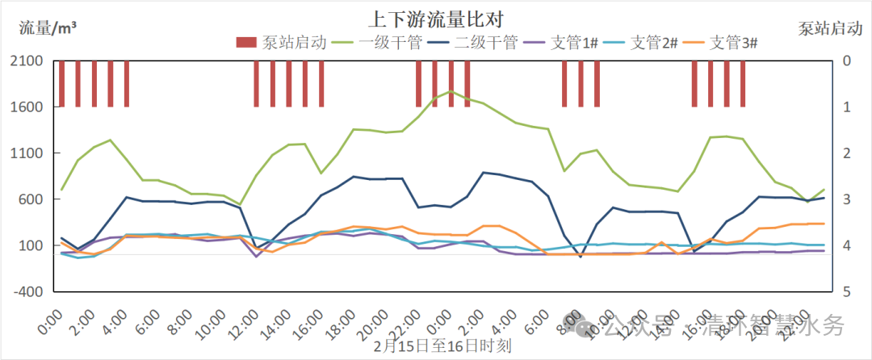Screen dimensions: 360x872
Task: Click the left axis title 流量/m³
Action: tap(48, 28)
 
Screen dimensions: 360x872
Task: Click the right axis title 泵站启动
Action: tap(829, 28)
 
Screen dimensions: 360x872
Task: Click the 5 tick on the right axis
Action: tap(846, 292)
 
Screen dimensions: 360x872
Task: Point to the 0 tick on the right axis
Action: tap(846, 61)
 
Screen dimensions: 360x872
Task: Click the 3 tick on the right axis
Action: tap(846, 199)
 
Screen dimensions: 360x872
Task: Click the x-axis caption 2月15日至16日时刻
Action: tap(442, 346)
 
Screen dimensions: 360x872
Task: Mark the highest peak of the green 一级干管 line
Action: tap(451, 91)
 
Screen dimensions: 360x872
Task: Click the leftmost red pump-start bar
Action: tap(62, 83)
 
